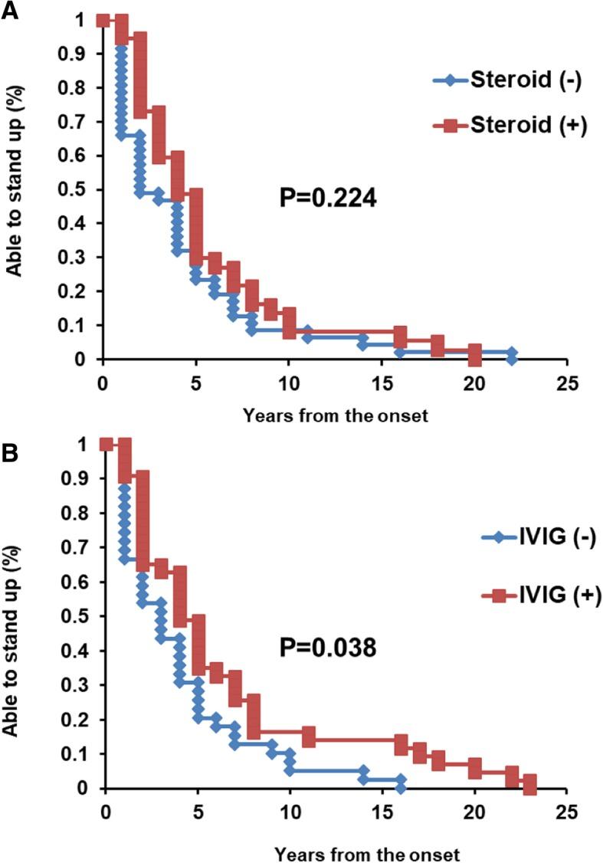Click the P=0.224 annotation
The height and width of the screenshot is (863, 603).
(x=327, y=199)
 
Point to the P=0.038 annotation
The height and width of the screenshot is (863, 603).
(x=327, y=649)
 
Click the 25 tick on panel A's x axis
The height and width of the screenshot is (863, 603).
(x=566, y=383)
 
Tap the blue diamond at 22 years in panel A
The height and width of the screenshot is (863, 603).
(x=511, y=353)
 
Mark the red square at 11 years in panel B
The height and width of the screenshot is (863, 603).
(x=309, y=737)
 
